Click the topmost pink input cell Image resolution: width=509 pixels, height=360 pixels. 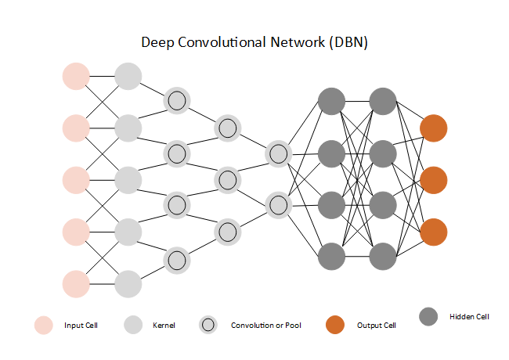coord(76,76)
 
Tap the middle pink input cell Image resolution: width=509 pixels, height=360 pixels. coord(76,179)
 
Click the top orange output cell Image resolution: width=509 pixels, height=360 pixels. coord(433,128)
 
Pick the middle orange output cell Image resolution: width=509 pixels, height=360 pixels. coord(433,179)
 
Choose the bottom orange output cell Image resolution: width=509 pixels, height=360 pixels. coord(433,232)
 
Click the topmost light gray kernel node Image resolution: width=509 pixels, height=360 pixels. coord(128,76)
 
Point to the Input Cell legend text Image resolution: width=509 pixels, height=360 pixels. coord(81,325)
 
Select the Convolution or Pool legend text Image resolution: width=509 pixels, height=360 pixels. coord(266,325)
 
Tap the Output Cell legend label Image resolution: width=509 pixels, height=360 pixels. coord(376,325)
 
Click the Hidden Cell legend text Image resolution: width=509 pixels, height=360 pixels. coord(469,317)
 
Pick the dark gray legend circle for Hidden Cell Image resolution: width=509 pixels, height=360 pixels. coord(428,317)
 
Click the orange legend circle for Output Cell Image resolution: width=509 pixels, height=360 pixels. coord(335,325)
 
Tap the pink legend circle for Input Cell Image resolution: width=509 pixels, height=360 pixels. coord(43,325)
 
